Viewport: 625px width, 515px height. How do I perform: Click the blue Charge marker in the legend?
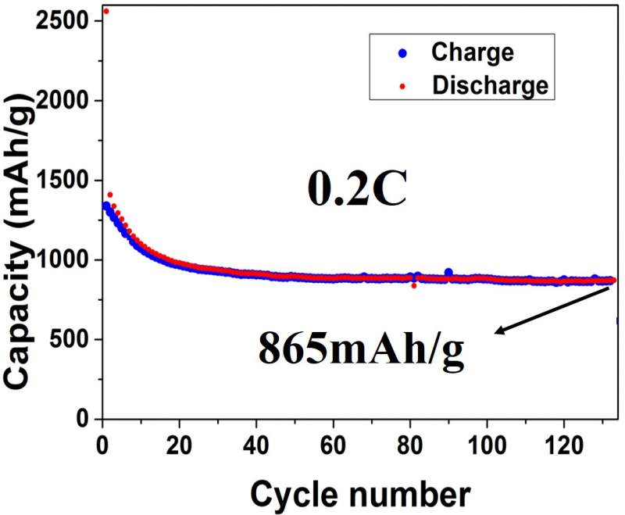403,54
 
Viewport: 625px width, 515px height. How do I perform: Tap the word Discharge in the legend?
490,84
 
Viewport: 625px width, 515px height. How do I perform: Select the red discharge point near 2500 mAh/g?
105,11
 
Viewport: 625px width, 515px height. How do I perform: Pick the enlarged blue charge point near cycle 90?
448,272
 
